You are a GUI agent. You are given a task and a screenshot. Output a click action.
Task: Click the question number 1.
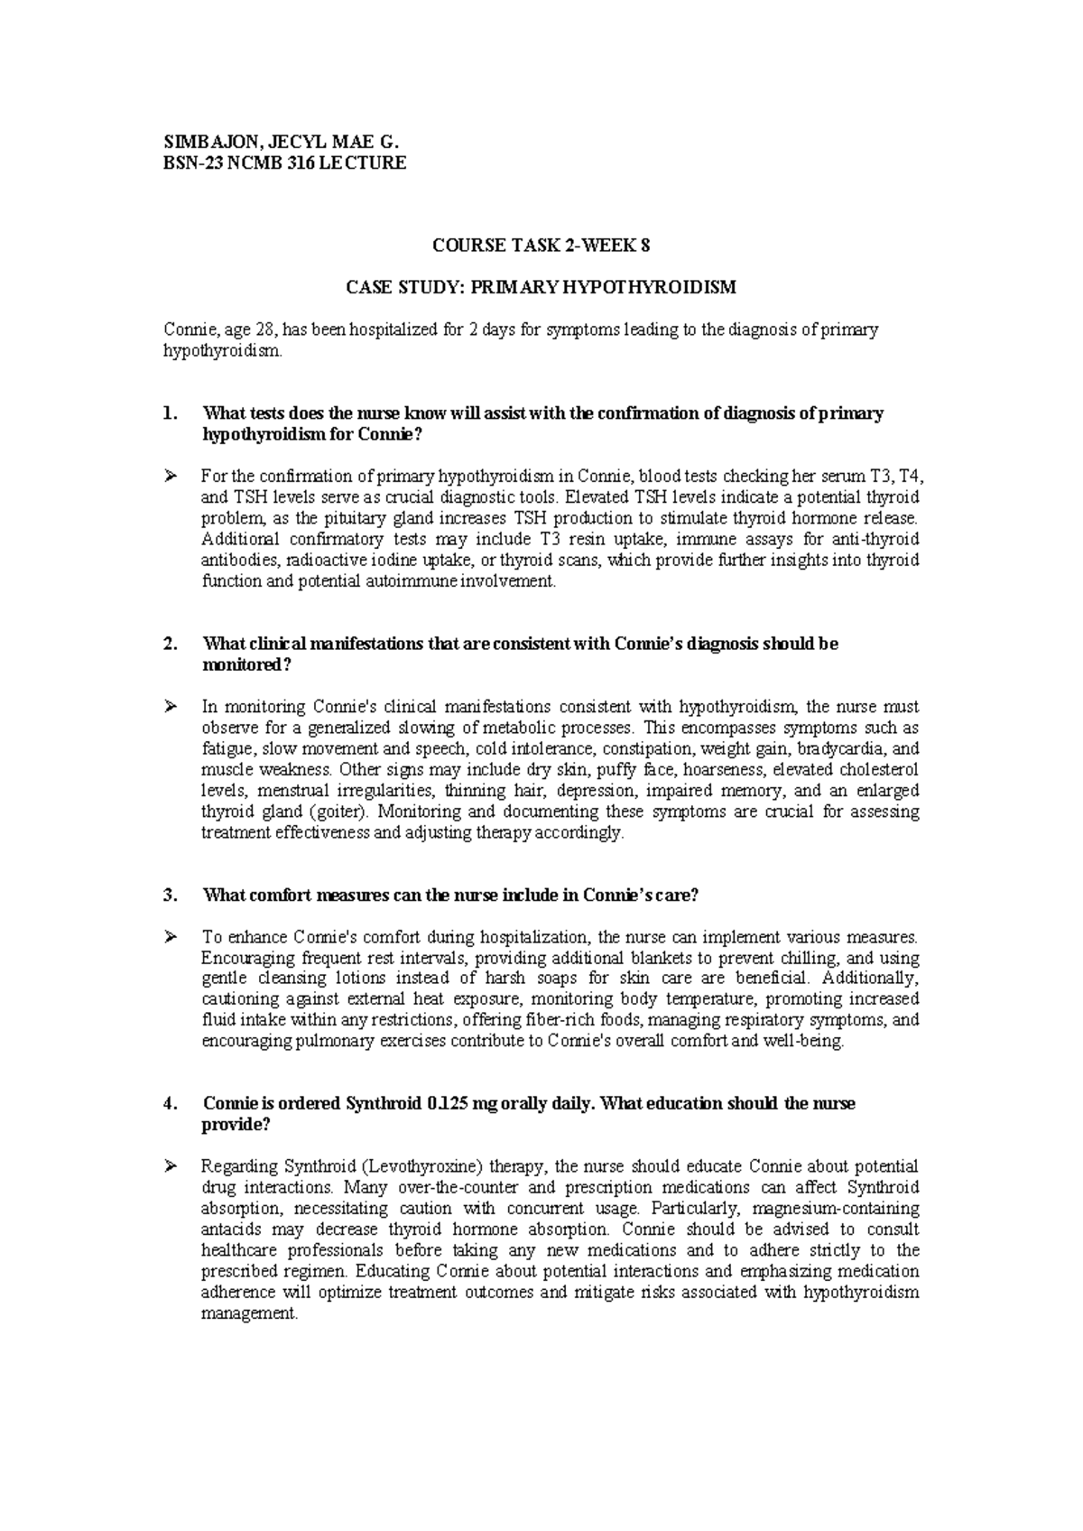pos(167,413)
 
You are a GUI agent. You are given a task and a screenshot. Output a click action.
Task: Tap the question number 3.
pos(167,895)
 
